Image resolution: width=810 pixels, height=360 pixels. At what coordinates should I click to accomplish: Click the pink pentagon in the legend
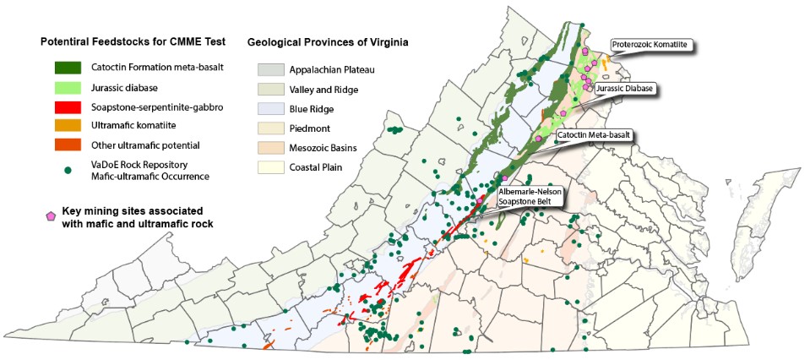point(52,216)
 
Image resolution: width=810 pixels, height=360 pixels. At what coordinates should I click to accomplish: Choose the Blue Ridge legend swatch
point(270,108)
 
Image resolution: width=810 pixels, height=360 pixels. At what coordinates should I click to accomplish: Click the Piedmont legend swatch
point(270,128)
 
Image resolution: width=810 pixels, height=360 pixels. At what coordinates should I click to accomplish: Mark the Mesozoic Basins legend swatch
point(270,148)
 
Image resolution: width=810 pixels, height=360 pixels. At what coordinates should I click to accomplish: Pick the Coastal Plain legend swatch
point(270,167)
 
